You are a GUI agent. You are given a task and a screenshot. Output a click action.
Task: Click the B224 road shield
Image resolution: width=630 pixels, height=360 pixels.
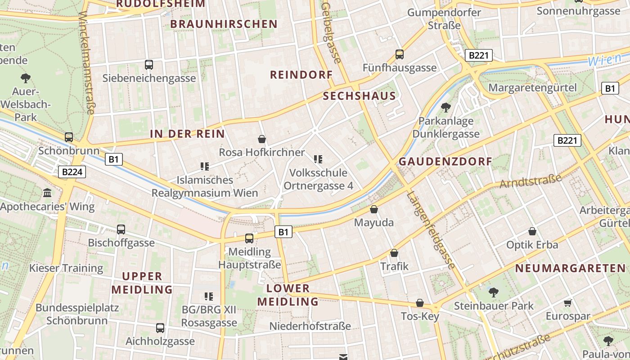pos(72,171)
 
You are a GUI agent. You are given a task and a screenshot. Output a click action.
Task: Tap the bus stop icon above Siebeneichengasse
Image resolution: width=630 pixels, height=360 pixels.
pos(149,64)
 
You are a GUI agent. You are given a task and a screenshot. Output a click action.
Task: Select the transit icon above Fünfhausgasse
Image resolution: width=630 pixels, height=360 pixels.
pos(399,54)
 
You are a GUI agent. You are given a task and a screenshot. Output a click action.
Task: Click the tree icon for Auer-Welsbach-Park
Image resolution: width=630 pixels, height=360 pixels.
pos(26,78)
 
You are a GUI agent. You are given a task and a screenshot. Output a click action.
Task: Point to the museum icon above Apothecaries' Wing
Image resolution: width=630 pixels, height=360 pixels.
pos(47,193)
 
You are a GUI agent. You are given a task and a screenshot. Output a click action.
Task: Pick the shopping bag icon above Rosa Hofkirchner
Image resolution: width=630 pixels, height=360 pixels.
pos(262,139)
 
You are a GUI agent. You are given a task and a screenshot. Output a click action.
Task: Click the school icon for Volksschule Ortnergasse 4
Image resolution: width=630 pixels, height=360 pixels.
pos(318,159)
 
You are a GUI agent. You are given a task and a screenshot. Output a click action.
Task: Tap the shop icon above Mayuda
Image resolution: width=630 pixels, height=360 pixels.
pos(374,209)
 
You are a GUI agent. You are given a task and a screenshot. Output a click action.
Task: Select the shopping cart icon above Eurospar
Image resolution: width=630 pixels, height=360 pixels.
pos(568,303)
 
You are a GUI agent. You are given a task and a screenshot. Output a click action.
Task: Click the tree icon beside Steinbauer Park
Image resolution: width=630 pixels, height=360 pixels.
pos(494,292)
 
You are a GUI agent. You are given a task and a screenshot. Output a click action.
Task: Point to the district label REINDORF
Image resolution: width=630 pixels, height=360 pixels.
pos(301,75)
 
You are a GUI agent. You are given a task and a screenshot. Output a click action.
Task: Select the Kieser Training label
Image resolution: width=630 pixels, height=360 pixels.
pos(66,268)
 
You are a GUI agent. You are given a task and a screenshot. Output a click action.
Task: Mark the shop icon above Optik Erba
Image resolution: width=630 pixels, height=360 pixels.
pos(532,231)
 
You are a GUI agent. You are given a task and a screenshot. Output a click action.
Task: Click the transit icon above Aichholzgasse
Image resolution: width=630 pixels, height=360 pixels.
pos(160,328)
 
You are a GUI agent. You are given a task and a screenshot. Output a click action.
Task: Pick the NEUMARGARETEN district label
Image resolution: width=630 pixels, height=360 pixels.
pos(571,269)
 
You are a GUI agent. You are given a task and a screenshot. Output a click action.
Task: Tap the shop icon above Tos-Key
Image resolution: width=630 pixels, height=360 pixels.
pos(420,303)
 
